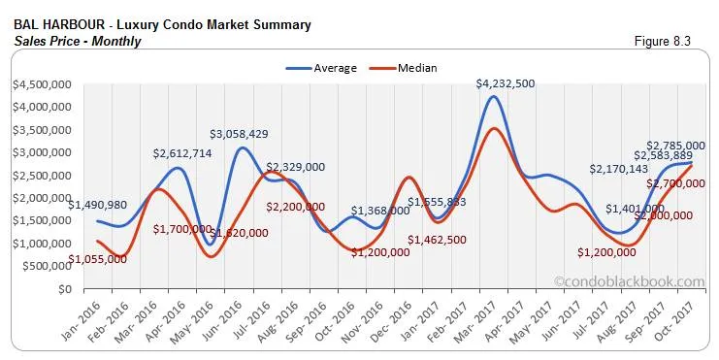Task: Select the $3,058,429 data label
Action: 245,133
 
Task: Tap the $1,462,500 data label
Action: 437,240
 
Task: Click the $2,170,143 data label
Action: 620,169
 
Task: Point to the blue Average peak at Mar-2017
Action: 494,97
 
